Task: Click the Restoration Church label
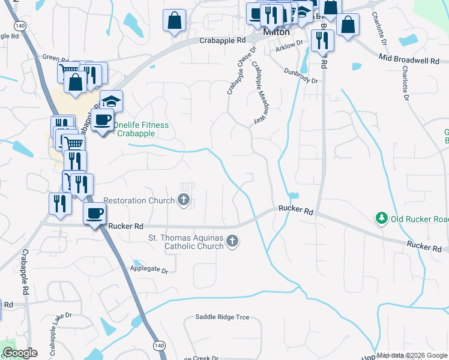pyautogui.click(x=139, y=200)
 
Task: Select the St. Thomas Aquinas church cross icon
pyautogui.click(x=232, y=241)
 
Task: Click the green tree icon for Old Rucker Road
pyautogui.click(x=381, y=218)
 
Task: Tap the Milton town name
pyautogui.click(x=276, y=32)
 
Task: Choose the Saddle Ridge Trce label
pyautogui.click(x=222, y=317)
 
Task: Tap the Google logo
pyautogui.click(x=20, y=353)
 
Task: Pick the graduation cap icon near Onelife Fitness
pyautogui.click(x=111, y=100)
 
